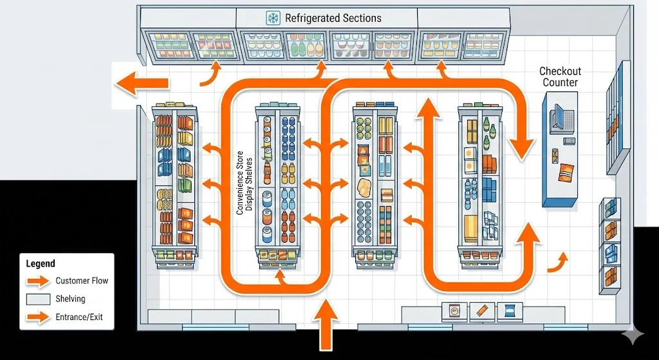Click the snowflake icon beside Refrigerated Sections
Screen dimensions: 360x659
click(x=272, y=18)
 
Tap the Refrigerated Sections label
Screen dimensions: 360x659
click(x=332, y=18)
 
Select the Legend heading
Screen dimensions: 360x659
click(x=40, y=264)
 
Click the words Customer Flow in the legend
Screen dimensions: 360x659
click(x=82, y=281)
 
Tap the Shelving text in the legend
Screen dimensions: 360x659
click(x=70, y=299)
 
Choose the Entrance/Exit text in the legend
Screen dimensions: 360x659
click(x=79, y=317)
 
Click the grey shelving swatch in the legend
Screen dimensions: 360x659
click(x=38, y=299)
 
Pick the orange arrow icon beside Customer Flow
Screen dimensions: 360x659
click(x=38, y=281)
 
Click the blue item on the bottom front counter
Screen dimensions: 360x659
click(x=508, y=312)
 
